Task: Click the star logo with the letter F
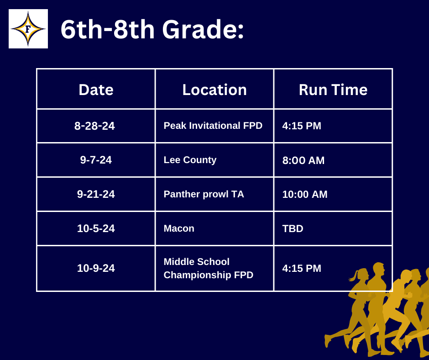[28, 29]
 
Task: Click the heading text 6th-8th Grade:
[152, 29]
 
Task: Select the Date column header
[96, 90]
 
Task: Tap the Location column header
[214, 90]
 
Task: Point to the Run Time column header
[333, 90]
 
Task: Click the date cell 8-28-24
[94, 126]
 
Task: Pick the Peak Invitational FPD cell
[213, 126]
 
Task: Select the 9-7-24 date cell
[96, 160]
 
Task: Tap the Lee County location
[190, 160]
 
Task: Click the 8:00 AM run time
[303, 160]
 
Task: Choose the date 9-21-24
[96, 194]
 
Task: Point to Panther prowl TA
[204, 194]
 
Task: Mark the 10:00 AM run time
[305, 194]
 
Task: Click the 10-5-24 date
[96, 228]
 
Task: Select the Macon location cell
[179, 228]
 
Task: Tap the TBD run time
[293, 228]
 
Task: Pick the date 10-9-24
[96, 268]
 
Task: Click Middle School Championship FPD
[208, 268]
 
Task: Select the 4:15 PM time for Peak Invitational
[302, 126]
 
